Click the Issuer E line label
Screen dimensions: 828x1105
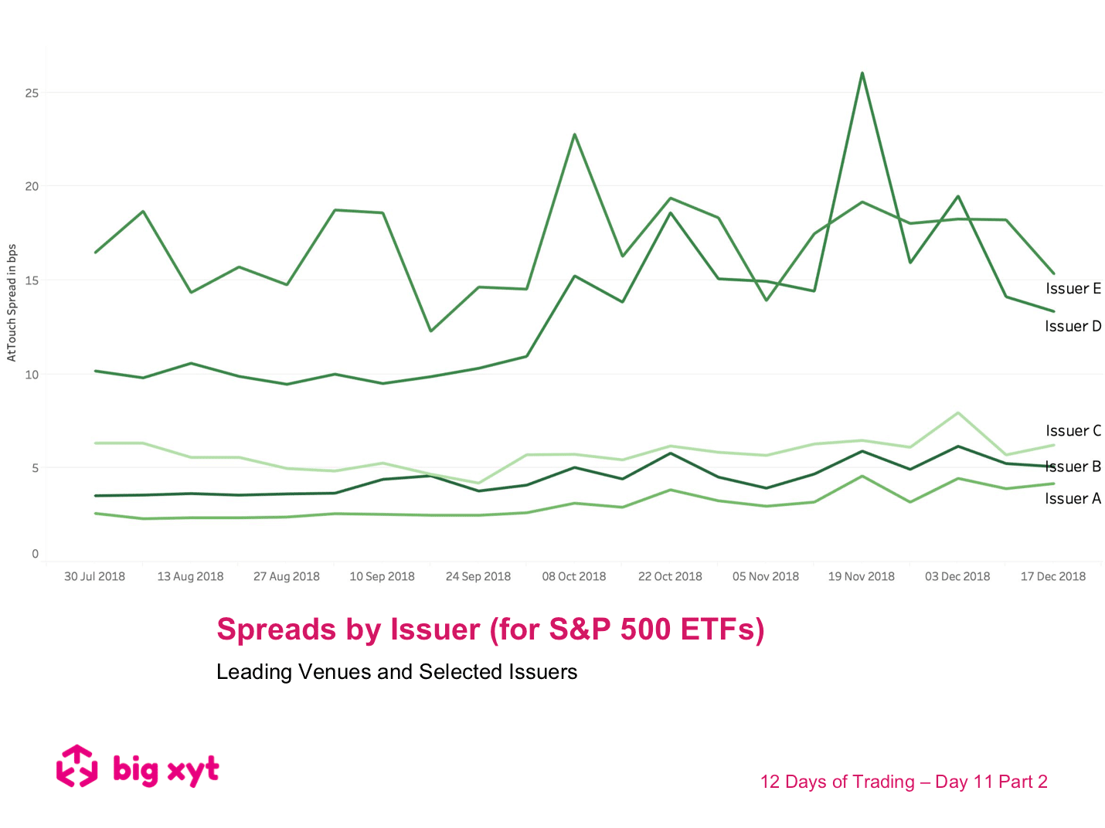coord(1073,289)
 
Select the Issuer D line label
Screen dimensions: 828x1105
coord(1073,327)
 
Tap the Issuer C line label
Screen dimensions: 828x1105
coord(1073,431)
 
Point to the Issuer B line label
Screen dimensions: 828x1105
coord(1073,467)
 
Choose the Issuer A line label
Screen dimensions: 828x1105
coord(1073,499)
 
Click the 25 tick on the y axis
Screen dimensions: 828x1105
coord(32,93)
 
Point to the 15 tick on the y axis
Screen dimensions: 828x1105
coord(32,280)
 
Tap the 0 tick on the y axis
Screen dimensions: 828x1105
coord(35,554)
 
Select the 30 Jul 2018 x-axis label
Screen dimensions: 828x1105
coord(94,576)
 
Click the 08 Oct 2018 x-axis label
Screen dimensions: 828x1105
coord(574,576)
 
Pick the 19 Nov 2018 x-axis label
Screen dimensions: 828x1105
coord(861,576)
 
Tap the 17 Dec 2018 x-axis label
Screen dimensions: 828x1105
coord(1052,576)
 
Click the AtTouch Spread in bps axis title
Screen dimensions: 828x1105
coord(12,302)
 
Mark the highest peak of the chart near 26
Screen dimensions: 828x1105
coord(862,73)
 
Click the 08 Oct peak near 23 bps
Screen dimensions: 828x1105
coord(574,134)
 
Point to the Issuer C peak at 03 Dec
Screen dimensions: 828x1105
coord(958,413)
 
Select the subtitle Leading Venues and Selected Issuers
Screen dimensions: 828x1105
coord(396,672)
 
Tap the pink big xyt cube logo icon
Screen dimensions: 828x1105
coord(77,766)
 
